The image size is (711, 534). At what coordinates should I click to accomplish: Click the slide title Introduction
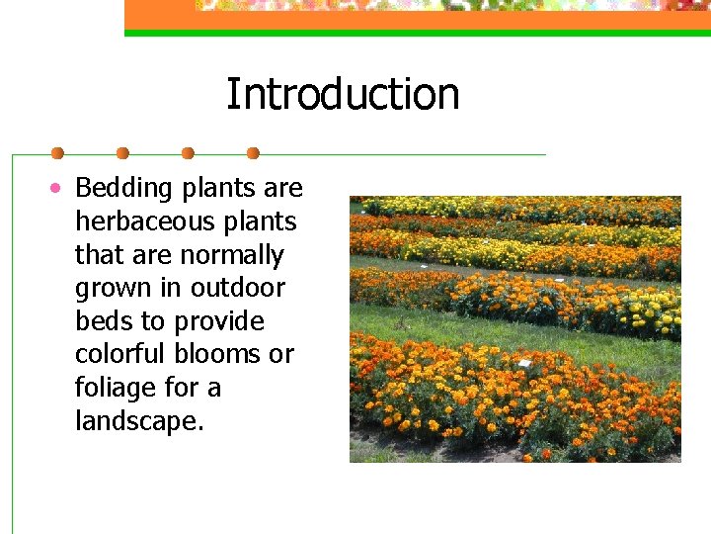pos(343,95)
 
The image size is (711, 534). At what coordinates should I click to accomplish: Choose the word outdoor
pos(237,289)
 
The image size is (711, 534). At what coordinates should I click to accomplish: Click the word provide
pos(219,322)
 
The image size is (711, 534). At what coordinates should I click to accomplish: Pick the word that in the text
pos(99,255)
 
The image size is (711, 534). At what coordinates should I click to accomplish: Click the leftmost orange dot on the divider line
pos(57,153)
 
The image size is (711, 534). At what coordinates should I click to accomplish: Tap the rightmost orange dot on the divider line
pos(253,153)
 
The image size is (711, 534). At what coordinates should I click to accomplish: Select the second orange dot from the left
pos(122,153)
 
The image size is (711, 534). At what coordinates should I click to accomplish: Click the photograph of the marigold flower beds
pos(514,328)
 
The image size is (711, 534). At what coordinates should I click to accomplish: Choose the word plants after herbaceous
pos(260,222)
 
